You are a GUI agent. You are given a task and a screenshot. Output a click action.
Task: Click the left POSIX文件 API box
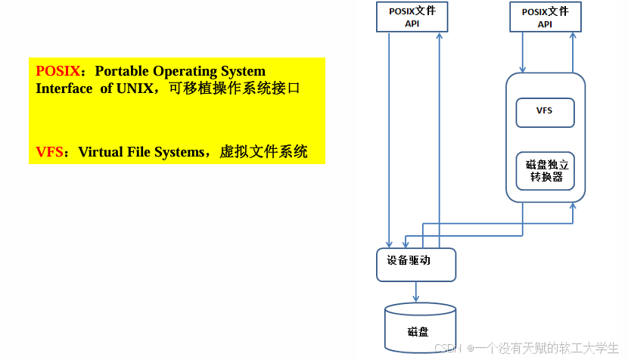412,17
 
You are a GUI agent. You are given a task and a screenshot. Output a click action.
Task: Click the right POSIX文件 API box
545,17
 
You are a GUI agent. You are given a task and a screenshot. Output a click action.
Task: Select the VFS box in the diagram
544,111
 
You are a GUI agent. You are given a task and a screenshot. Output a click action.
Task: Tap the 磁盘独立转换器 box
544,171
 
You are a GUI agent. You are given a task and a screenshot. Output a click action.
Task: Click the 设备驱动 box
415,264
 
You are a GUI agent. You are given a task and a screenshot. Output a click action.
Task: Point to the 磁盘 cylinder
419,326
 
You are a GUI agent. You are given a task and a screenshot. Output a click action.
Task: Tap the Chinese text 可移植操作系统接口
235,88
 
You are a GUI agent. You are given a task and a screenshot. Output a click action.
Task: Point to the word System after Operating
243,72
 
